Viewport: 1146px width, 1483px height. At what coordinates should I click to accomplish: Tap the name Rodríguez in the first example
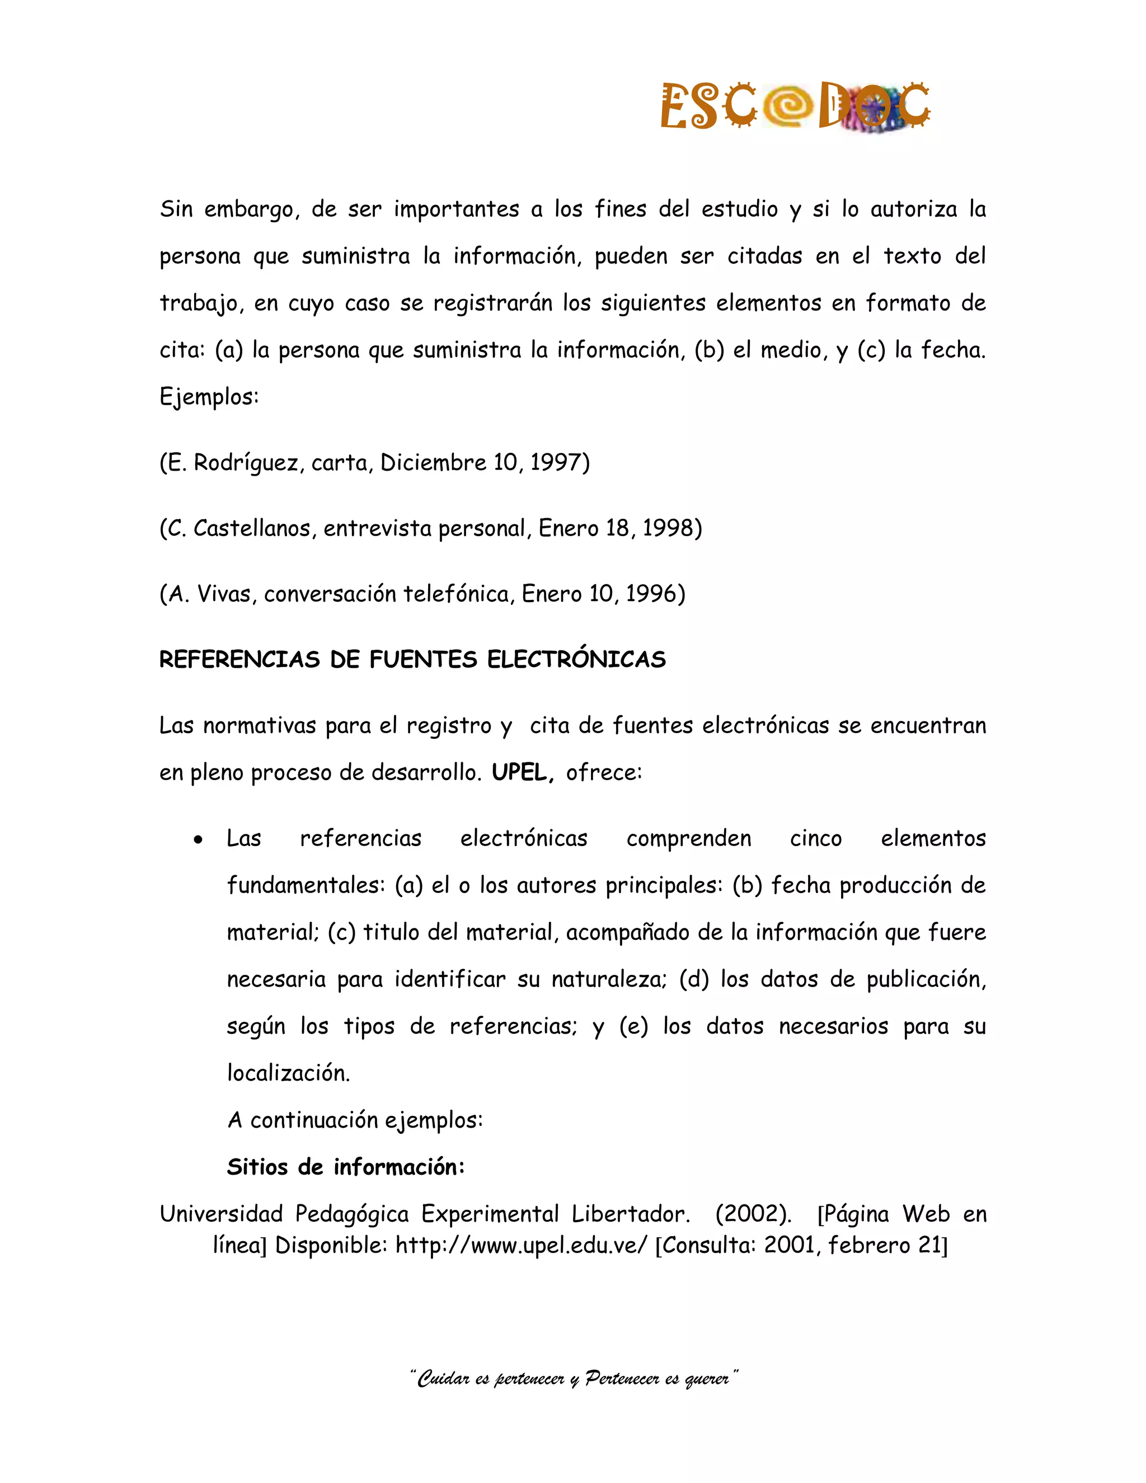click(x=248, y=463)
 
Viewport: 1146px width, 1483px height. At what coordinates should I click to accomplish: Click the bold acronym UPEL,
click(x=523, y=773)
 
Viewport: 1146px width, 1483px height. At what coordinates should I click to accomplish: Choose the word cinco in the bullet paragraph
click(x=815, y=839)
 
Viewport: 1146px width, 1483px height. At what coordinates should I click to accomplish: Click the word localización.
click(x=288, y=1073)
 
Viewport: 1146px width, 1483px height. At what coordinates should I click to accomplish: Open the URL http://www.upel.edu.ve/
click(x=522, y=1245)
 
